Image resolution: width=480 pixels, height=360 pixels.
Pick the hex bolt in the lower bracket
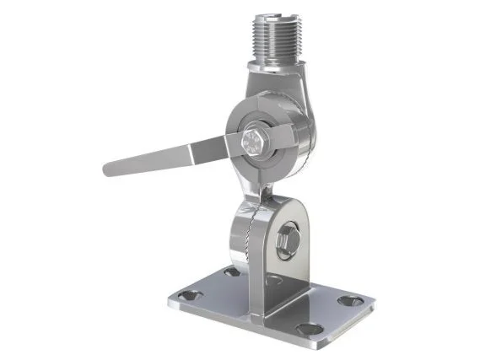pos(287,240)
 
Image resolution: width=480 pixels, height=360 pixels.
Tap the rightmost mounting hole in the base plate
pos(348,300)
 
